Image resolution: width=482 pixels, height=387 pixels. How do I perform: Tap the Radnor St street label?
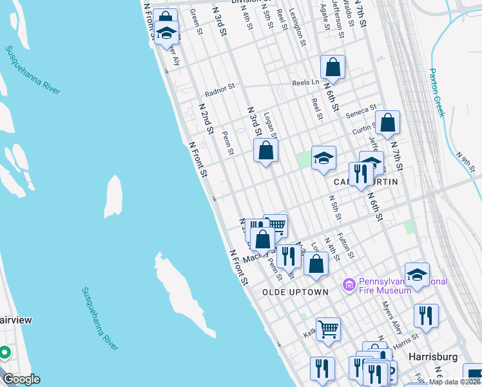point(220,88)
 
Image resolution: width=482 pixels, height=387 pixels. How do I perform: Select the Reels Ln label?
point(305,82)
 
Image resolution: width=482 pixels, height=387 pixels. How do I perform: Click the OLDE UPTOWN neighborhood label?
point(296,292)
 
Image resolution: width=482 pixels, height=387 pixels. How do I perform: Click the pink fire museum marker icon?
point(349,284)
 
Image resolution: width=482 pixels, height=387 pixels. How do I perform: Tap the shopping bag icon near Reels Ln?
point(333,66)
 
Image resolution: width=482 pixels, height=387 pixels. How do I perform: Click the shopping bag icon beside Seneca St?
point(388,122)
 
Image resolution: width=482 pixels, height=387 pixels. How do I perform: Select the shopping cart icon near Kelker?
point(328,329)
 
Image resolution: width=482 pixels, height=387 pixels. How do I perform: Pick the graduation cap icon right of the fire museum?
point(417,274)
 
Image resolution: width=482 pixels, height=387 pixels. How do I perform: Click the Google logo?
point(21,379)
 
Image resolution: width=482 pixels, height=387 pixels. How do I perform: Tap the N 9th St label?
point(465,162)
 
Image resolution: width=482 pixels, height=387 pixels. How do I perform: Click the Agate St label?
point(325,18)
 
